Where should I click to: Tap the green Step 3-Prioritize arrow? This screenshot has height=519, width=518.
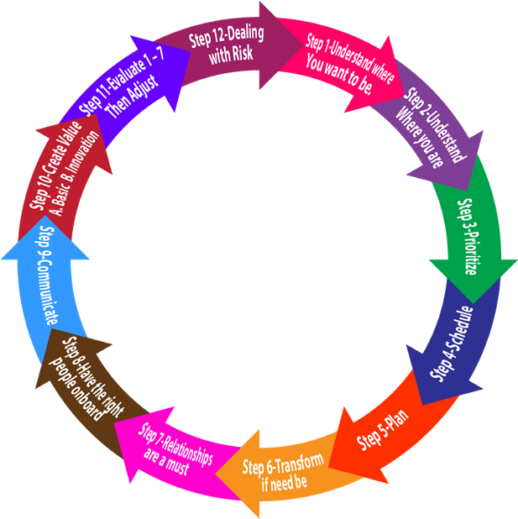pyautogui.click(x=469, y=227)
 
